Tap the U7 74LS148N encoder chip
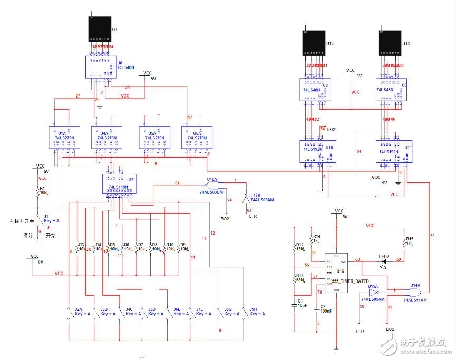pyautogui.click(x=119, y=184)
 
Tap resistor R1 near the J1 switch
pyautogui.click(x=38, y=193)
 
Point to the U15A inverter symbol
pyautogui.click(x=374, y=292)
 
